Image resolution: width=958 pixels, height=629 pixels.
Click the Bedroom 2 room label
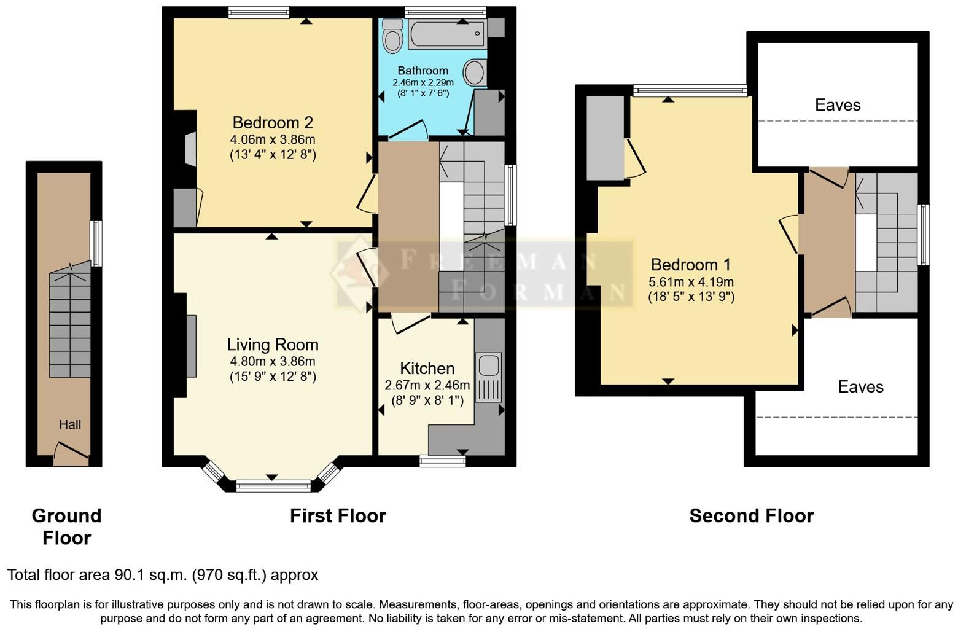273,123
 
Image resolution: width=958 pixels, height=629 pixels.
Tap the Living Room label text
273,345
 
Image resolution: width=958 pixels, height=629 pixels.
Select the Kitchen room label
427,369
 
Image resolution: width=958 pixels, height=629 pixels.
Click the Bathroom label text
423,71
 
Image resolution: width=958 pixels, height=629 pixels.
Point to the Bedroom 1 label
691,265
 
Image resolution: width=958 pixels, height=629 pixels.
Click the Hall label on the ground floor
70,424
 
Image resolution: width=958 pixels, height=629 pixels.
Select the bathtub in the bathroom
447,34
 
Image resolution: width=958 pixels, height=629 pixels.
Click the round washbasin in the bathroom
473,72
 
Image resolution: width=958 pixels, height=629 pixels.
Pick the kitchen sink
489,365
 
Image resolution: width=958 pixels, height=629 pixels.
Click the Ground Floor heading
66,526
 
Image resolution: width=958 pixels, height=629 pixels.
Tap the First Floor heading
338,515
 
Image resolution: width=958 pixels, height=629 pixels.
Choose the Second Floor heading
751,515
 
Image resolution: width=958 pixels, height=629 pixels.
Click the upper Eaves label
837,105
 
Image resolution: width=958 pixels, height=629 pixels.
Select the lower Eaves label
860,387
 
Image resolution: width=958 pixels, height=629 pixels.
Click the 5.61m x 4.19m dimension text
691,283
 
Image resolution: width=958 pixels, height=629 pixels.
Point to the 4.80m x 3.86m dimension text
273,362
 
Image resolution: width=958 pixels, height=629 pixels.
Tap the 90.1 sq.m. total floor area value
151,575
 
